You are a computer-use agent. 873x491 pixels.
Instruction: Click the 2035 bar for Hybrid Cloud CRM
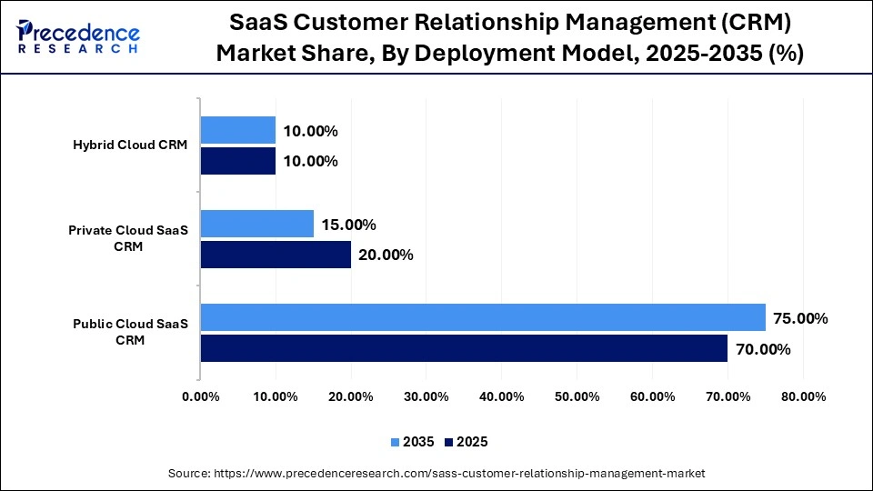237,130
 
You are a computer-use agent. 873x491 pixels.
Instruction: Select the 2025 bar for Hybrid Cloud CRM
237,161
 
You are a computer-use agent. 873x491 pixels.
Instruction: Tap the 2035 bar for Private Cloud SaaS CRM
256,224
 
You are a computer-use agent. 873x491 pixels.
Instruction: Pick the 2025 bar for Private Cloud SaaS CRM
276,255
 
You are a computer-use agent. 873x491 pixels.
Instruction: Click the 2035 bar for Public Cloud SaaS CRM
483,317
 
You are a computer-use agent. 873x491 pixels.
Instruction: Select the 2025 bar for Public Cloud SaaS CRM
464,348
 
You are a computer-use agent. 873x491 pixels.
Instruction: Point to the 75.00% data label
800,318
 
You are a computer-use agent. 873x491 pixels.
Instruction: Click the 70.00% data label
763,349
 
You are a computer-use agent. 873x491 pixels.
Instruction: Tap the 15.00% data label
348,225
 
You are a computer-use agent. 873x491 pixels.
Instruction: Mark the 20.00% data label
386,256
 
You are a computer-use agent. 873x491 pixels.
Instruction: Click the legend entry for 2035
414,442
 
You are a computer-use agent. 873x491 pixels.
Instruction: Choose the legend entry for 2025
467,442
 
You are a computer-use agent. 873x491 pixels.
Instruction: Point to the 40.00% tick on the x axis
501,396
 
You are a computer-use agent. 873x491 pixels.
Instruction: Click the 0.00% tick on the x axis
200,396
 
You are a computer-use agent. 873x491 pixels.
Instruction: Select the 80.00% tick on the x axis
802,396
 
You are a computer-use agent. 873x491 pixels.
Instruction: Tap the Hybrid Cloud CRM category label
130,145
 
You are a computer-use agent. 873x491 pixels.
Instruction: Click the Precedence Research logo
77,36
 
